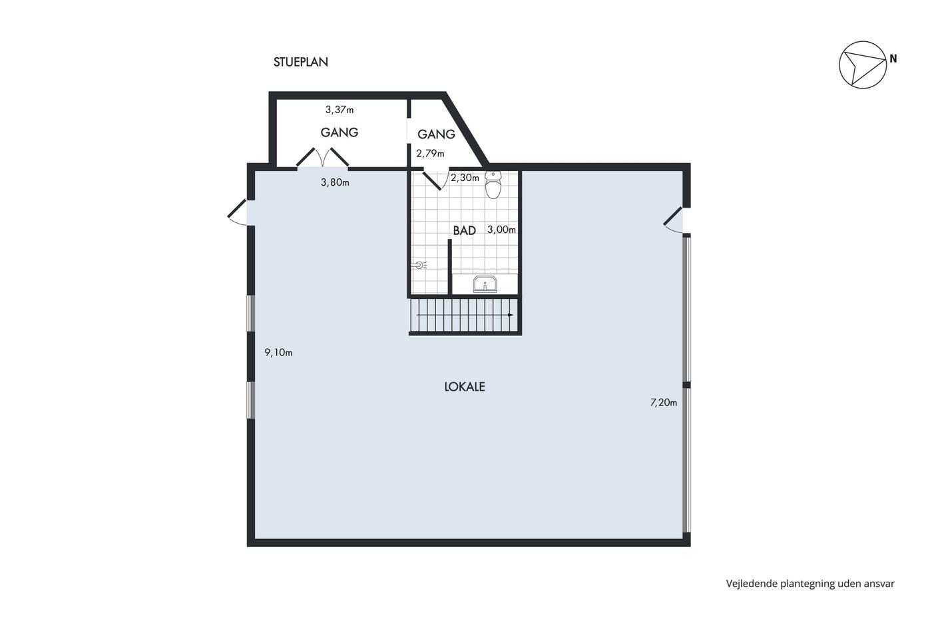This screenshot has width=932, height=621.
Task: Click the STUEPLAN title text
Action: coord(300,62)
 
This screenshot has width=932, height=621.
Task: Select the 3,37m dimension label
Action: coord(339,110)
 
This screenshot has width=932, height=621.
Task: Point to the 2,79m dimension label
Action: coord(430,154)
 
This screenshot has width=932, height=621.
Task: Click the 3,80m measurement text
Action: coord(335,182)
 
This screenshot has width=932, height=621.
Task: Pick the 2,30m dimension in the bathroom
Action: coord(465,178)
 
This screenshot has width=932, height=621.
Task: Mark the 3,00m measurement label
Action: coord(501,229)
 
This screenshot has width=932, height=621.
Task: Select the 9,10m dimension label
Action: coord(278,353)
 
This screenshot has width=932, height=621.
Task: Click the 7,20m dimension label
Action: coord(664,402)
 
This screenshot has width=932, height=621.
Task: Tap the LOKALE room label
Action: coord(465,387)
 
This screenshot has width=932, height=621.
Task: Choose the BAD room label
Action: coord(465,230)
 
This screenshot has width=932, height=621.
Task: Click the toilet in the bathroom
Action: coord(493,185)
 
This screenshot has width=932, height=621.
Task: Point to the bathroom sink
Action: coord(485,284)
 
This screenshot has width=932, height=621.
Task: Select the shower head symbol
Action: coord(419,264)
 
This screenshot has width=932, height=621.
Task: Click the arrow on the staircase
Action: coord(465,315)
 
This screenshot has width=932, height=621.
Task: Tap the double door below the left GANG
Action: coord(322,158)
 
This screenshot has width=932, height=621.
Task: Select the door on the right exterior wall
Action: coord(674,221)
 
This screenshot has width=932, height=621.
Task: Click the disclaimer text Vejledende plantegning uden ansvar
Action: coord(810,584)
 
